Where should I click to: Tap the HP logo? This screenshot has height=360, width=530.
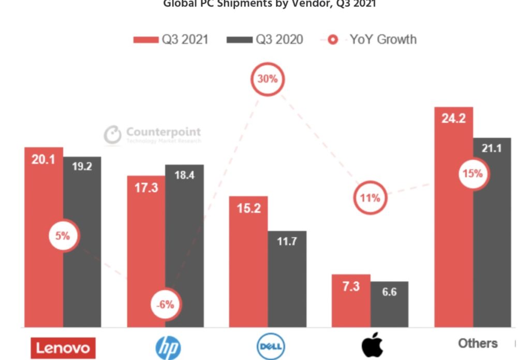tap(168, 348)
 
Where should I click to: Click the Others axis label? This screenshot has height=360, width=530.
tap(477, 343)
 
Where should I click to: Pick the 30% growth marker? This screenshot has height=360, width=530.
tap(268, 79)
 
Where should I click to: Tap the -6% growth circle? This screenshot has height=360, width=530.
tap(166, 304)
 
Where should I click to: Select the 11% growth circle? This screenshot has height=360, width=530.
tap(370, 197)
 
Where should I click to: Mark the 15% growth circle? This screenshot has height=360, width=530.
tap(472, 174)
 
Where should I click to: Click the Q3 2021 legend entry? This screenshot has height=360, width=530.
tap(171, 39)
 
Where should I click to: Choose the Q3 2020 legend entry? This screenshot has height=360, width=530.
tap(265, 39)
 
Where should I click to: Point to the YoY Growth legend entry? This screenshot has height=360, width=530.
tap(373, 39)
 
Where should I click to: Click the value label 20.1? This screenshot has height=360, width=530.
tap(43, 160)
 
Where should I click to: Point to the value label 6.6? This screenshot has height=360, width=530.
tap(389, 292)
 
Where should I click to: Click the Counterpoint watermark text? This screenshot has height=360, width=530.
tap(163, 132)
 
